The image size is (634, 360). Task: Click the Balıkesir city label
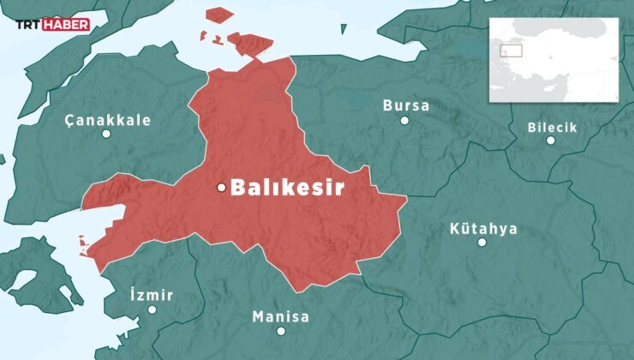[287, 188]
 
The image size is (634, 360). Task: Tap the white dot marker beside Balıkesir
[221, 188]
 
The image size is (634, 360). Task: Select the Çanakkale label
[108, 120]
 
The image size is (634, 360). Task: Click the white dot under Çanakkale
[106, 135]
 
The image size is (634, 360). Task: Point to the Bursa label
[406, 105]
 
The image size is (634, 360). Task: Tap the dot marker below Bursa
[404, 121]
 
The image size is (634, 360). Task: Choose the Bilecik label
[553, 128]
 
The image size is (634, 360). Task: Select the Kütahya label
[483, 229]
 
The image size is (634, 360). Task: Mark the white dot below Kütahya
[482, 243]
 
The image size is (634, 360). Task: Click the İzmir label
[151, 295]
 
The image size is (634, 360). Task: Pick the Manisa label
[280, 316]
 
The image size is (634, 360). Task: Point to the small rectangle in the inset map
[511, 51]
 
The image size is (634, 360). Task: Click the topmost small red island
[220, 15]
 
